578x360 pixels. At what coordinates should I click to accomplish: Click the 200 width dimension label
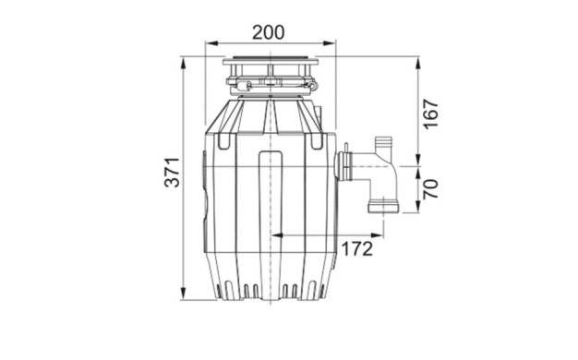coord(269,32)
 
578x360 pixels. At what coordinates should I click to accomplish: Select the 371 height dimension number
coord(172,173)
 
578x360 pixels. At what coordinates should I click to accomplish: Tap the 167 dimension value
coord(430,114)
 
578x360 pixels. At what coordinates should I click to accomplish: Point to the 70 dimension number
coord(430,189)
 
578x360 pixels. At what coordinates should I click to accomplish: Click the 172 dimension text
coord(356,249)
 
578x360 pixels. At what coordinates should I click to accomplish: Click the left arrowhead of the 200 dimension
coord(211,43)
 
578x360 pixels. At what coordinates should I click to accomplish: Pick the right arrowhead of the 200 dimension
coord(330,43)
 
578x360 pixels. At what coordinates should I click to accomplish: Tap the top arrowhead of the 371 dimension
coord(183,64)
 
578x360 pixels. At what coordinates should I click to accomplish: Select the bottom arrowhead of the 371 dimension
coord(183,294)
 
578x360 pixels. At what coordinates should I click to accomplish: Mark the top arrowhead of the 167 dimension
coord(418,64)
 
